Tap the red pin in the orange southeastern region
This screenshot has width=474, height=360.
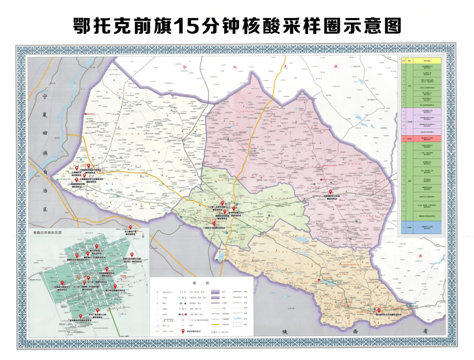tap(378, 310)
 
